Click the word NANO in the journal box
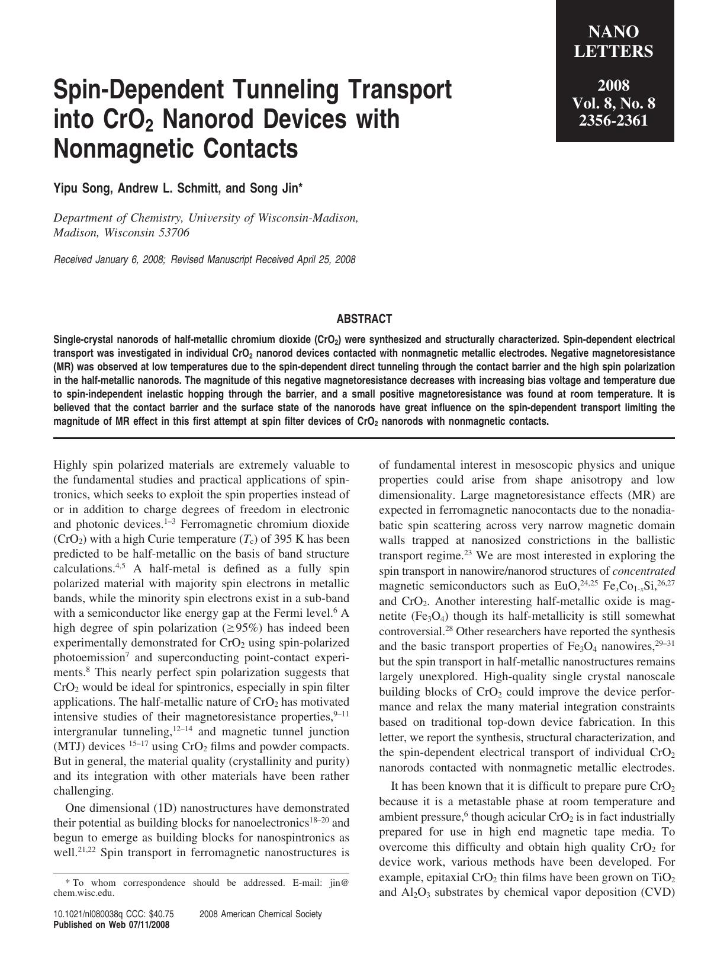(x=614, y=31)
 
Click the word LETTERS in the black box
(x=614, y=52)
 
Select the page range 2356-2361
(x=614, y=121)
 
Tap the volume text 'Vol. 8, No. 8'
(x=614, y=104)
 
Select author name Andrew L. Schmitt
(x=168, y=188)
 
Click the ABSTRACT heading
(x=363, y=319)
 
